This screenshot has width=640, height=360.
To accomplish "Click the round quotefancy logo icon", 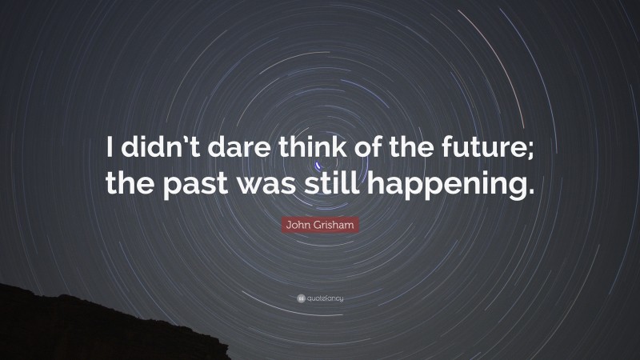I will (300, 298).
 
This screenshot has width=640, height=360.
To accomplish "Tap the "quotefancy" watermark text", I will (326, 298).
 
